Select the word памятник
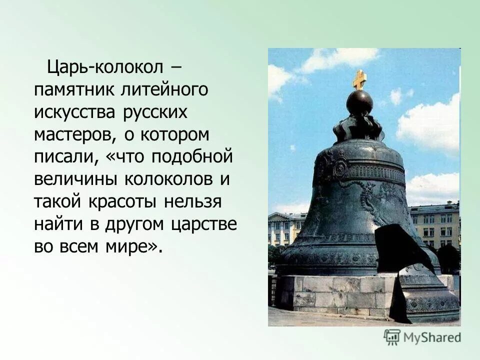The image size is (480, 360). (74, 90)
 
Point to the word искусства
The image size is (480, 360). (74, 112)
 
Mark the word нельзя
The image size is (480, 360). (205, 202)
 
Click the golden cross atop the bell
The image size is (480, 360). (359, 79)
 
